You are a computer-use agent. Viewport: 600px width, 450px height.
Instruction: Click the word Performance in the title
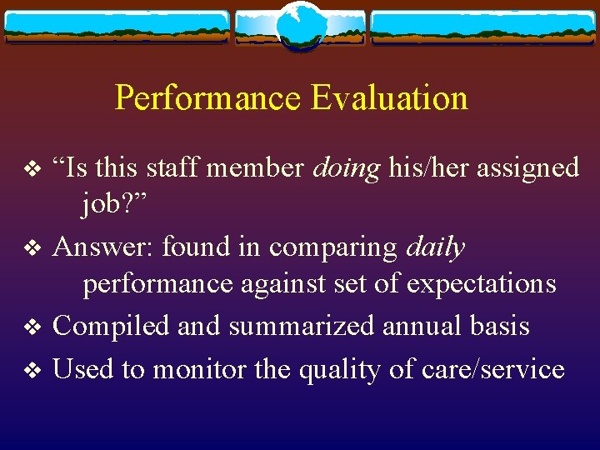[207, 98]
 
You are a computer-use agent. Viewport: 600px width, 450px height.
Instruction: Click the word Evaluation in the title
[389, 98]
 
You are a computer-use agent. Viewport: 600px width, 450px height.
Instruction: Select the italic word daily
[436, 247]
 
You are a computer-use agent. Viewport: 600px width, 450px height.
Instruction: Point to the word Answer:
[103, 247]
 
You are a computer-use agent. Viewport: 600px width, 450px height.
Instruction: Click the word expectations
[481, 283]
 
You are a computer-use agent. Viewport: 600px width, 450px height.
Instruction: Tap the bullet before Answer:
[32, 248]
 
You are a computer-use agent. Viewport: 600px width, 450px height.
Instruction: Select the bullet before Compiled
[32, 327]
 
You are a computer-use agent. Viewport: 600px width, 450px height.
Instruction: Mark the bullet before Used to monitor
[32, 370]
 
